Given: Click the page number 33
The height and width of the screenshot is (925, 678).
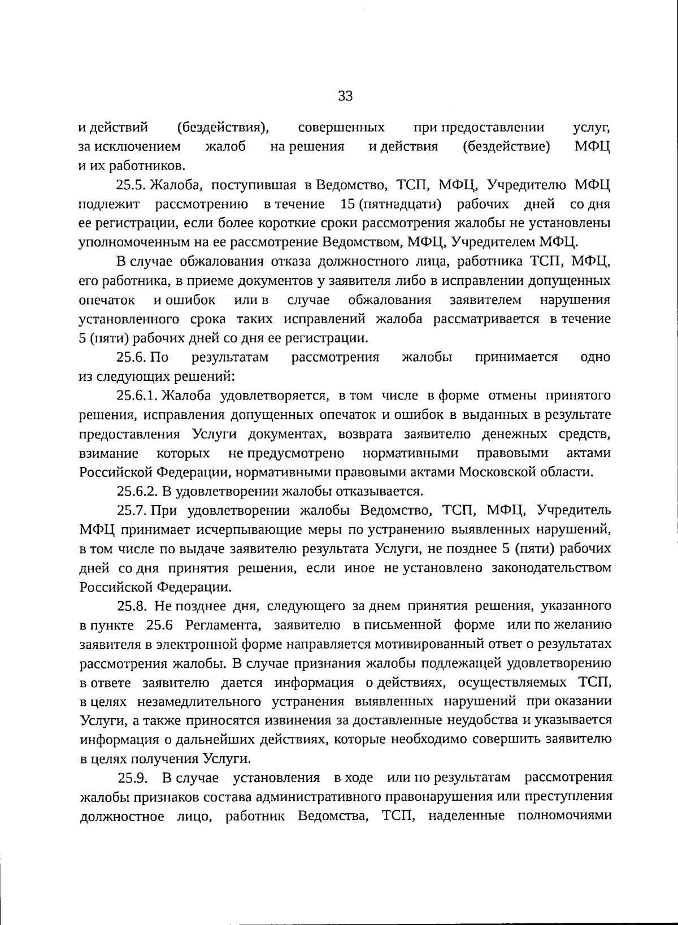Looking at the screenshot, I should (x=345, y=95).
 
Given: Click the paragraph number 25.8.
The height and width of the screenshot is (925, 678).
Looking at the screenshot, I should (x=132, y=606).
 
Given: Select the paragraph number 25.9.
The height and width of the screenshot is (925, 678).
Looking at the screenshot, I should (x=133, y=778).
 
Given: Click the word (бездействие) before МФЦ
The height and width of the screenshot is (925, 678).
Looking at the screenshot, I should (x=506, y=147).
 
